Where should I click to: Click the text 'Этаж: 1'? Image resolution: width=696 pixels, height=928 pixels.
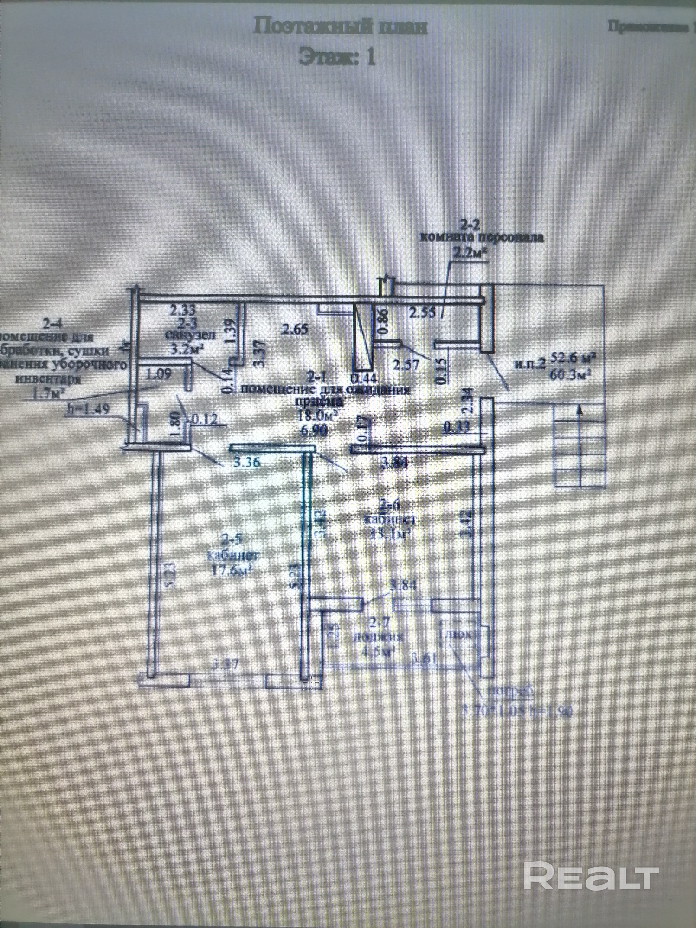[337, 58]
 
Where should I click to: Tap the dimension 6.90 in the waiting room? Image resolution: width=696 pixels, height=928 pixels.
[313, 430]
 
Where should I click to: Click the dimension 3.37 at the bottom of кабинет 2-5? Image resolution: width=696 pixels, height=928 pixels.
[225, 664]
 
